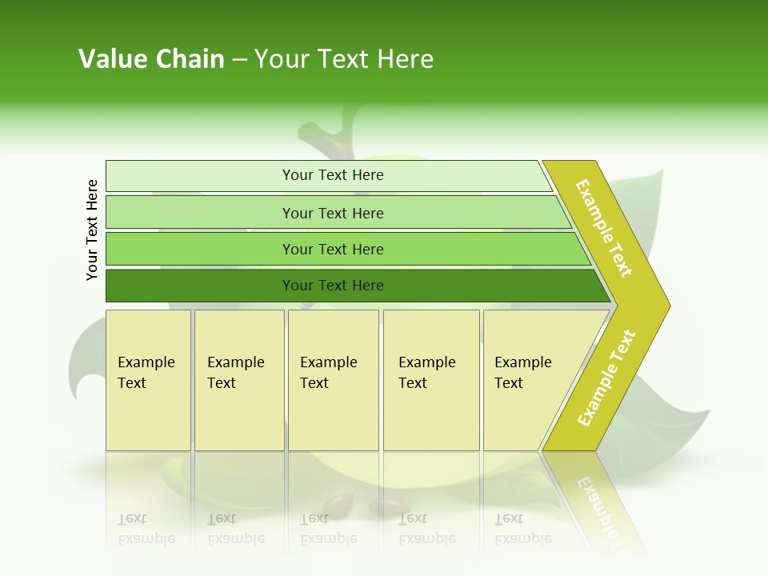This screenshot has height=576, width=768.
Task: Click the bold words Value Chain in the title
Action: coord(151,59)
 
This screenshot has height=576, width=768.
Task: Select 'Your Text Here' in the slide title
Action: coord(344,59)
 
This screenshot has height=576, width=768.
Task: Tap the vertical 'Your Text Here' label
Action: coord(92,230)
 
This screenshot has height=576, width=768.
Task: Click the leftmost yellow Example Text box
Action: coord(148,380)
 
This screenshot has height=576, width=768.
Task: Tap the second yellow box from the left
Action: coord(238,380)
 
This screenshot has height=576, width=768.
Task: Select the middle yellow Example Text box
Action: coord(333,380)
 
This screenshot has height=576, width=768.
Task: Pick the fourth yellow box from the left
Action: coord(430,380)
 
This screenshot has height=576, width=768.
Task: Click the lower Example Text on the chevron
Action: coord(606,378)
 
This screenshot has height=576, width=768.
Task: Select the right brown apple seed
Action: coord(394,506)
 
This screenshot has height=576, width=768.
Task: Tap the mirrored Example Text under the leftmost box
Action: coord(146,529)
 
